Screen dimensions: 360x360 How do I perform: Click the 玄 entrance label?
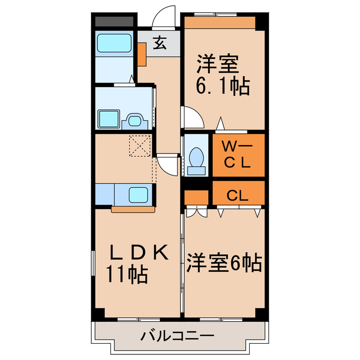tap(160, 43)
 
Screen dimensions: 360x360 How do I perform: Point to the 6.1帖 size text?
tap(222, 87)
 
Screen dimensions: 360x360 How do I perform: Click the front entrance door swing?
tap(165, 16)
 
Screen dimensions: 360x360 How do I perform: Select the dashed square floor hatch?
tap(140, 146)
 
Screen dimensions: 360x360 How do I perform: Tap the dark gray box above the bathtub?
tap(114, 21)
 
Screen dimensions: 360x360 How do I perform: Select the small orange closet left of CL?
tap(196, 197)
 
